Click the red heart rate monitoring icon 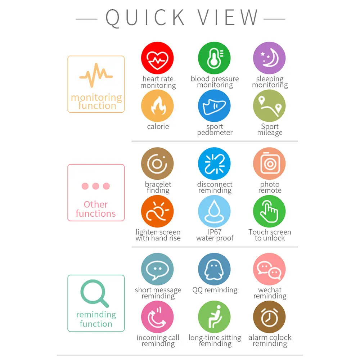(157, 58)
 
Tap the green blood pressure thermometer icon (214, 58)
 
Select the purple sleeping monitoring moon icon (269, 58)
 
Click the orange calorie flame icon (157, 106)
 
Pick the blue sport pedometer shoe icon (214, 106)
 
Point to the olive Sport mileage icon (269, 106)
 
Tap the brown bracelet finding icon (157, 164)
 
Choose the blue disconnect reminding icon (214, 164)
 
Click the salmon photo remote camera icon (269, 164)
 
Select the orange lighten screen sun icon (157, 211)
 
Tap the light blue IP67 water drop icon (214, 211)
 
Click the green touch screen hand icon (269, 211)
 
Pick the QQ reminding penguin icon (214, 269)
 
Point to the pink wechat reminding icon (269, 269)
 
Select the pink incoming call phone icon (157, 317)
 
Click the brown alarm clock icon (269, 317)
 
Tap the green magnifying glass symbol (95, 293)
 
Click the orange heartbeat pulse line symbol (96, 75)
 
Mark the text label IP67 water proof (215, 235)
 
